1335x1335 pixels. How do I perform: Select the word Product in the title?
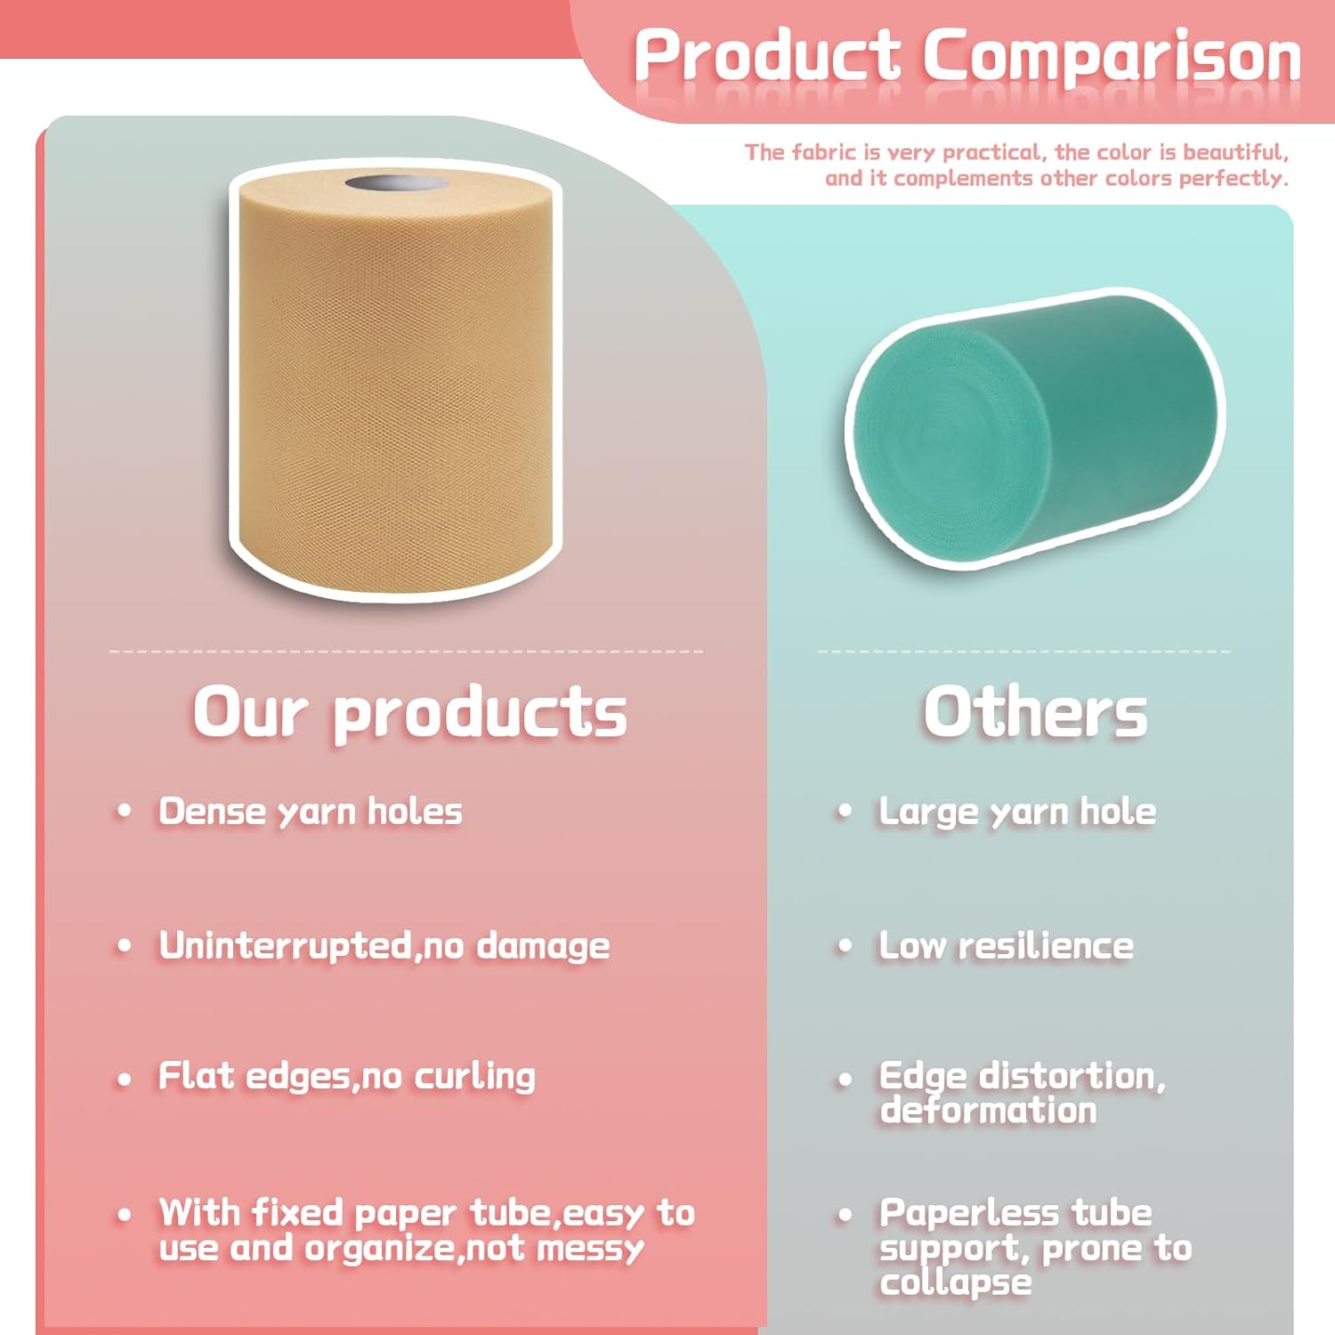(x=767, y=55)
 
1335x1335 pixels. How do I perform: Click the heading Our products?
(x=410, y=712)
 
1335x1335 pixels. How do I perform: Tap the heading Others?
(x=1035, y=712)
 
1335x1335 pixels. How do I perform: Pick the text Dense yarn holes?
(x=311, y=812)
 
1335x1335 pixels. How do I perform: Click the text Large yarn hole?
(x=1017, y=812)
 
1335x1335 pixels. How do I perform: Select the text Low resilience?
(x=1007, y=945)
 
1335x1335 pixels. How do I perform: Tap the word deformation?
(x=989, y=1111)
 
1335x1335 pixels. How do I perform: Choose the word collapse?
(x=956, y=1282)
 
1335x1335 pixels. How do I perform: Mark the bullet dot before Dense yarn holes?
(x=125, y=812)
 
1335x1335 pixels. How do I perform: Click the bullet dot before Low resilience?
(x=845, y=946)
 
